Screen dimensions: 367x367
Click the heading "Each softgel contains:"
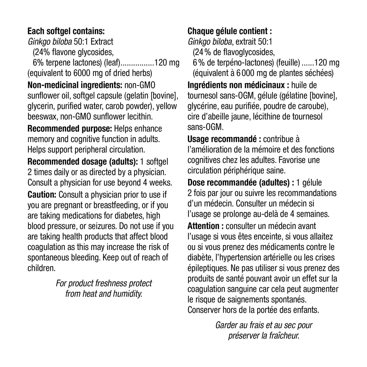[66, 31]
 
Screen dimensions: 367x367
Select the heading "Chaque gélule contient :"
[230, 31]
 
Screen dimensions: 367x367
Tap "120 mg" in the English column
[167, 63]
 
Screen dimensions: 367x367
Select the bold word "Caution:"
[42, 195]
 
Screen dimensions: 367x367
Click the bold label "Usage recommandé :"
[224, 139]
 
